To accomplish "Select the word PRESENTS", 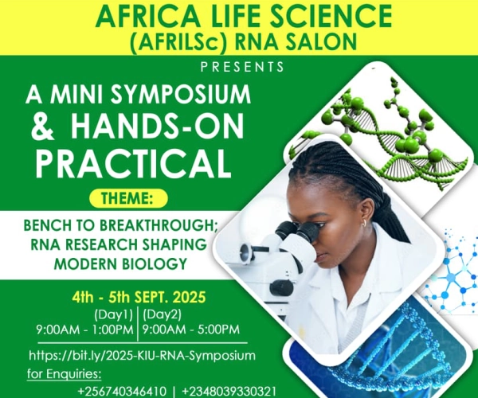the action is point(242,67).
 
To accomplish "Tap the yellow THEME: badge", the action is point(128,198).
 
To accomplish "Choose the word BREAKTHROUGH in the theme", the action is point(159,225).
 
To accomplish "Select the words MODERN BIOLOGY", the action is point(120,263).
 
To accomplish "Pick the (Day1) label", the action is point(113,315).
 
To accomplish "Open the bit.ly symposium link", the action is point(142,356).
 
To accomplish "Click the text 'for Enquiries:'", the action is point(64,374).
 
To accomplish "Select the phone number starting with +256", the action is point(122,391).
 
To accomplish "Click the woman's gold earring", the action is point(365,224).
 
